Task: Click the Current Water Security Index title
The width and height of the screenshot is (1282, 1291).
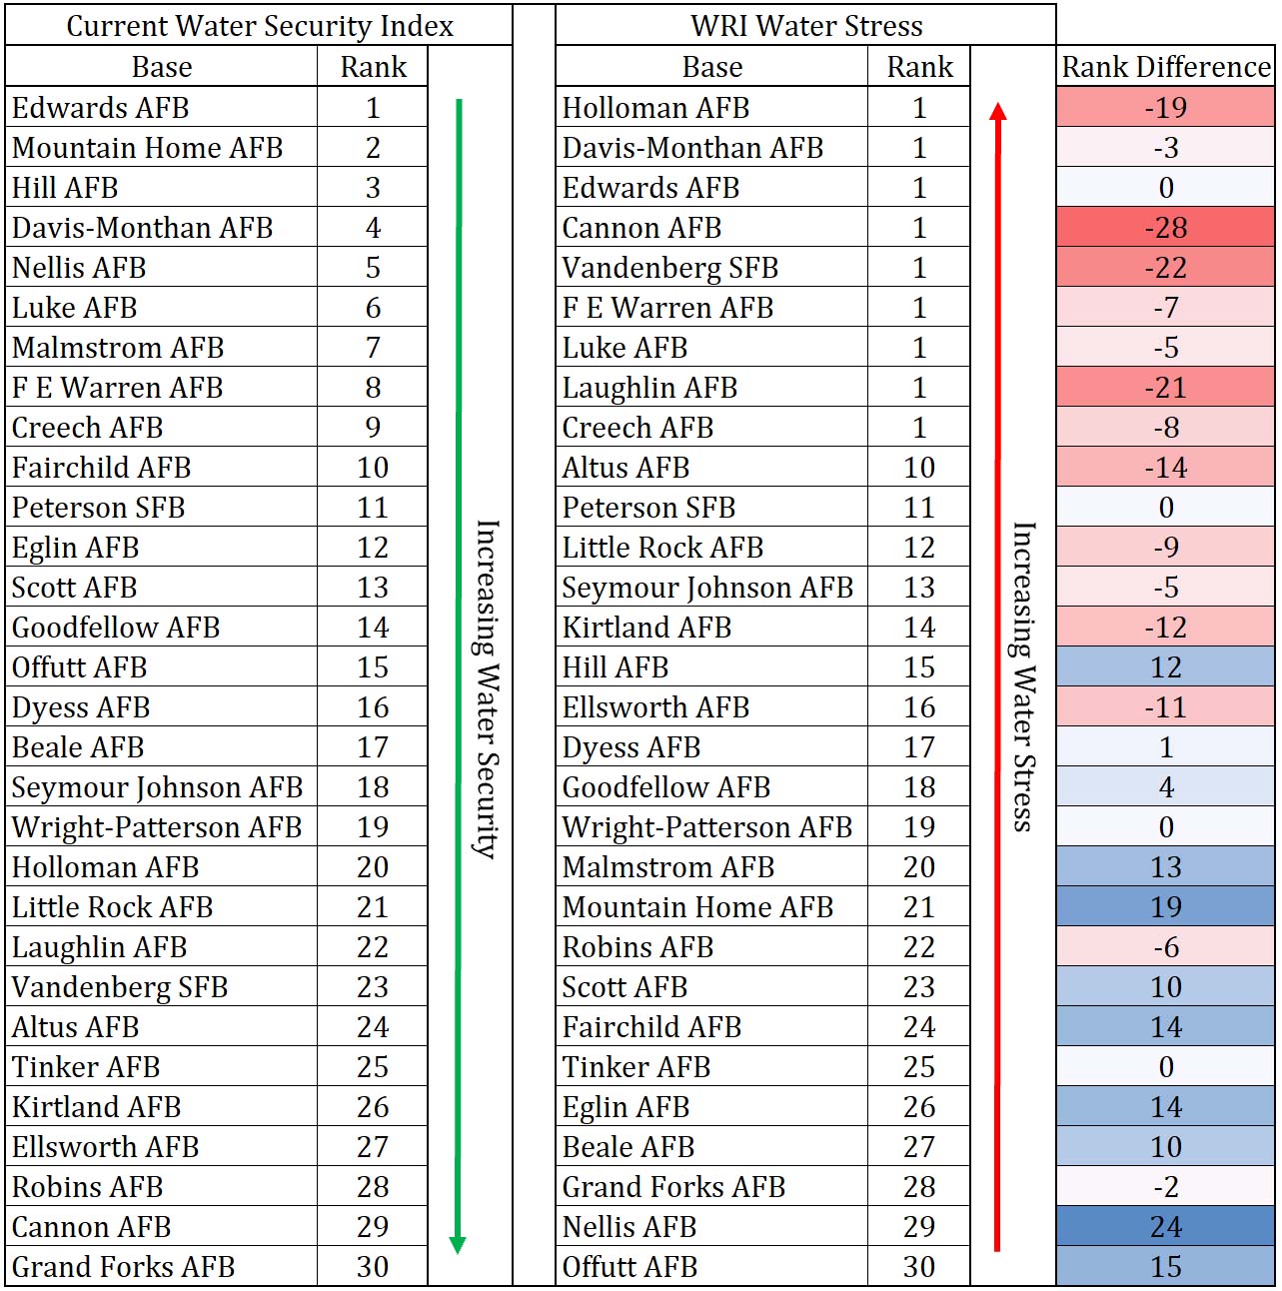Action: click(x=260, y=26)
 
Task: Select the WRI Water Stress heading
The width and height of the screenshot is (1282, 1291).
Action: click(x=806, y=26)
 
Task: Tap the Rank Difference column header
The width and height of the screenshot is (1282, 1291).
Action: click(x=1165, y=67)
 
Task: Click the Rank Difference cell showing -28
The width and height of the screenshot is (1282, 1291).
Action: click(x=1165, y=227)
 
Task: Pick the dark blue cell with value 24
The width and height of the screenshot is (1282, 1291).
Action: click(x=1165, y=1226)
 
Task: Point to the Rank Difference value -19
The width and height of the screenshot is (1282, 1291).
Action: click(x=1165, y=107)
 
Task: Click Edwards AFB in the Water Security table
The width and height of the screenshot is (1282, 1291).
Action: click(x=101, y=107)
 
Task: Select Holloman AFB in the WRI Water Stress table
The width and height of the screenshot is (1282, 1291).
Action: click(x=655, y=107)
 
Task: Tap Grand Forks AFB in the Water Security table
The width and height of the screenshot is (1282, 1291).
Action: click(x=123, y=1266)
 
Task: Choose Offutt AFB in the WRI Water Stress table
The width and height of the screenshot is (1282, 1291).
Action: click(x=630, y=1266)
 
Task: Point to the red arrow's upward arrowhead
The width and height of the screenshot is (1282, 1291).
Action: click(x=998, y=111)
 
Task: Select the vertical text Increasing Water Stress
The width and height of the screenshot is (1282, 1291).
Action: click(x=1023, y=676)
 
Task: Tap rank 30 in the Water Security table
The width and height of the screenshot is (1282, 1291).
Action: click(x=373, y=1266)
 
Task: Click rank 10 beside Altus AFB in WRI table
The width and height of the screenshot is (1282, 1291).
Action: click(x=918, y=467)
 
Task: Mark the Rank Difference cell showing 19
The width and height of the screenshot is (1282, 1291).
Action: click(x=1165, y=906)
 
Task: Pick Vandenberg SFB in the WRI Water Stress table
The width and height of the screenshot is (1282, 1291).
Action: click(x=670, y=268)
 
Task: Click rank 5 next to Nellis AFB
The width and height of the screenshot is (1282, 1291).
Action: click(x=373, y=268)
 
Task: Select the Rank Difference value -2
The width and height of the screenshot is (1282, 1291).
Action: click(x=1165, y=1186)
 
